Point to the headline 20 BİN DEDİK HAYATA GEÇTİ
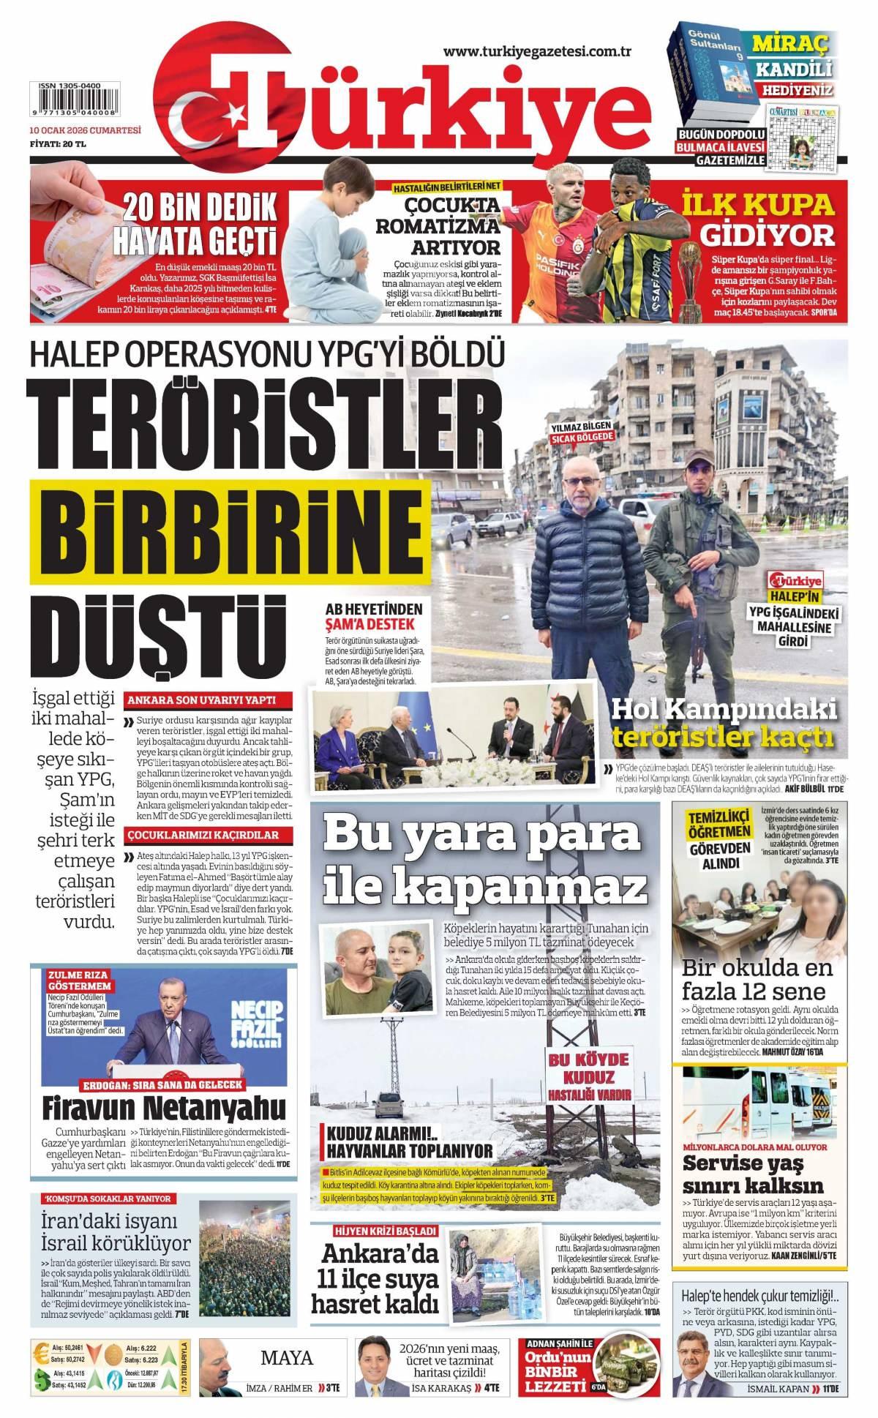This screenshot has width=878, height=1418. pyautogui.click(x=199, y=222)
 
